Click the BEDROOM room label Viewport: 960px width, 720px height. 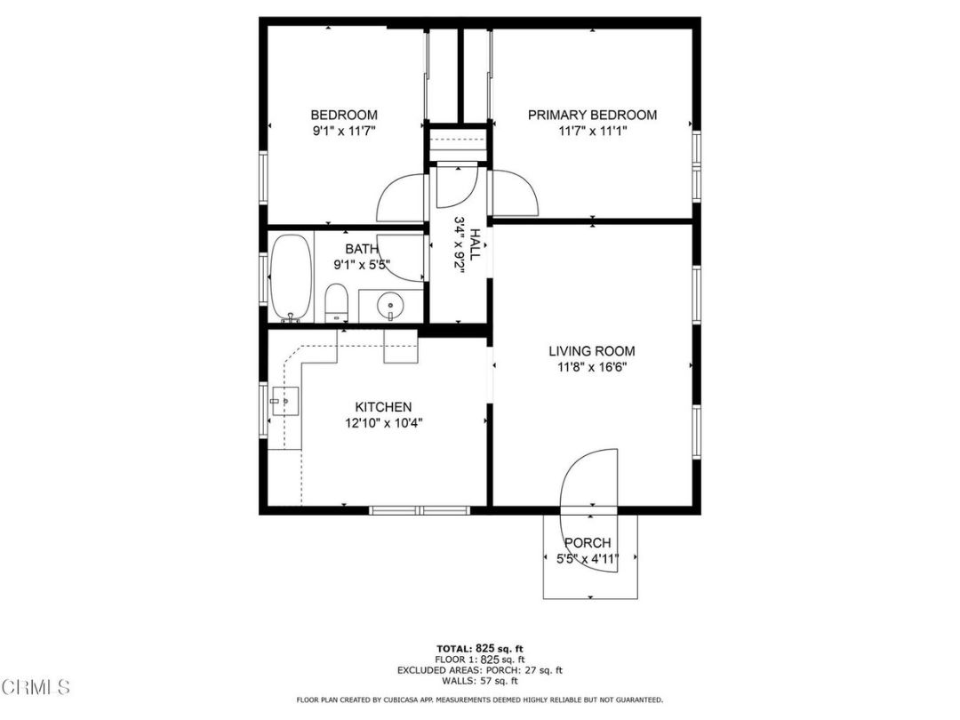[343, 115]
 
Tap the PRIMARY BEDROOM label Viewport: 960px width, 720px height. [592, 115]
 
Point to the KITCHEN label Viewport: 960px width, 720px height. [383, 407]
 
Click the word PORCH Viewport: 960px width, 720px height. [588, 543]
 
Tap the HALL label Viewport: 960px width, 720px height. [477, 244]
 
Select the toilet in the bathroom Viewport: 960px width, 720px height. [336, 302]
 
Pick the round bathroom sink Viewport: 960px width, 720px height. [390, 308]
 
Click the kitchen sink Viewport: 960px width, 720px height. [285, 403]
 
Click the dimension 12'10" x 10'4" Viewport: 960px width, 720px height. [383, 423]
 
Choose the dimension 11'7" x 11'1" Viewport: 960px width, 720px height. [592, 131]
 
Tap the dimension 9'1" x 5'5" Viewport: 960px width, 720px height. [362, 264]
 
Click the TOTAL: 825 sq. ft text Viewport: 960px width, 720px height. [480, 648]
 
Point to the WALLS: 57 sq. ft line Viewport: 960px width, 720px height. [480, 681]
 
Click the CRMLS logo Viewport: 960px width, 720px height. [36, 686]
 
